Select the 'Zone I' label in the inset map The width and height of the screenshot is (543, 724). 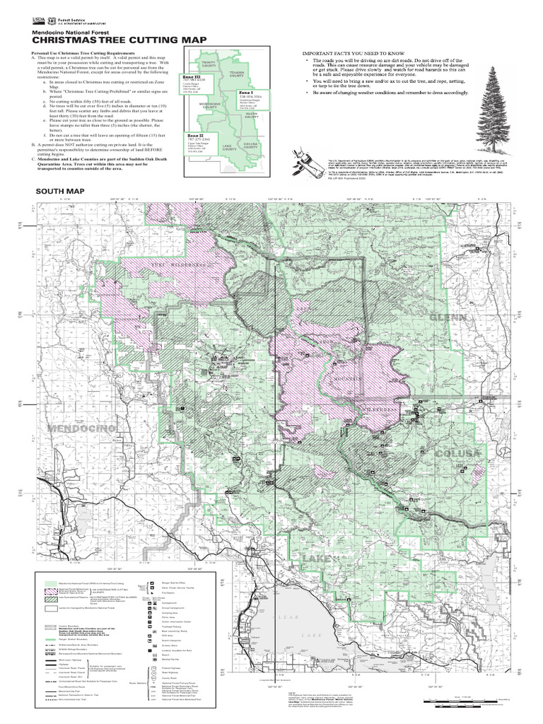click(245, 93)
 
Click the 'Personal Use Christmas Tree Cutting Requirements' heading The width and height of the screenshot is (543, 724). click(87, 54)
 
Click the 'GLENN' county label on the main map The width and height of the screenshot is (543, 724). click(447, 318)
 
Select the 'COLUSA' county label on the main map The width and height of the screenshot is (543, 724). click(457, 452)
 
